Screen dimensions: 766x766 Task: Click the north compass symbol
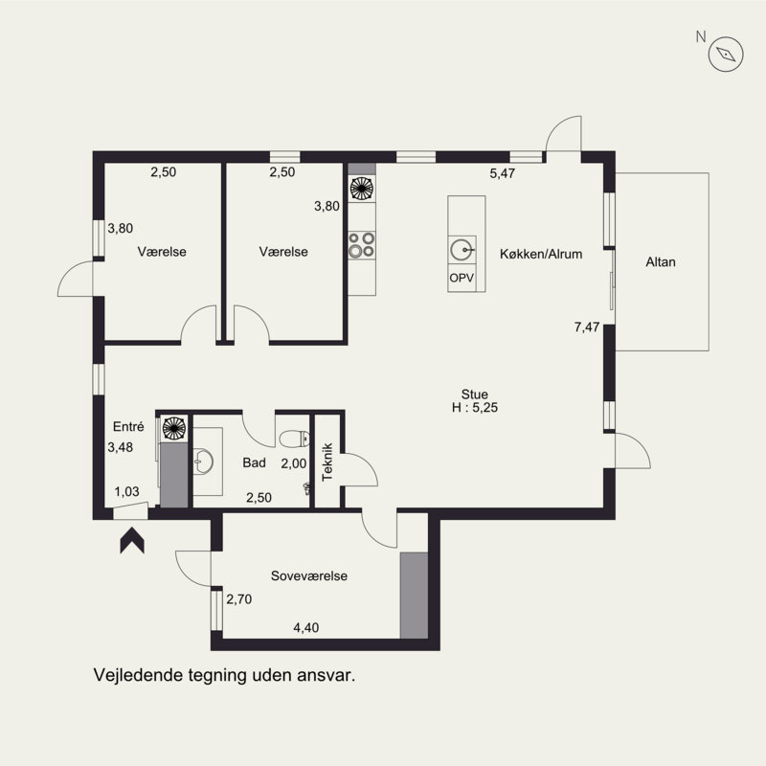pyautogui.click(x=725, y=55)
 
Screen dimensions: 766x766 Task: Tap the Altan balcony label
pyautogui.click(x=661, y=260)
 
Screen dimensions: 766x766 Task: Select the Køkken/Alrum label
pyautogui.click(x=541, y=254)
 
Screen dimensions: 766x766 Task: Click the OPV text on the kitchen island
pyautogui.click(x=462, y=278)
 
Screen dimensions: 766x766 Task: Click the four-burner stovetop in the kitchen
pyautogui.click(x=361, y=244)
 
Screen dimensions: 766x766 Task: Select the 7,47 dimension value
pyautogui.click(x=586, y=327)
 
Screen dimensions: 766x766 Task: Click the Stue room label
pyautogui.click(x=475, y=393)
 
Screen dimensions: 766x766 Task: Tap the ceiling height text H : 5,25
pyautogui.click(x=477, y=407)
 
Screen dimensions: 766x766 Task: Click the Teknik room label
pyautogui.click(x=327, y=460)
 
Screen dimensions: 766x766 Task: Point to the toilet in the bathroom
pyautogui.click(x=292, y=439)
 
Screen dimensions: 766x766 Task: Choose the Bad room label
pyautogui.click(x=254, y=462)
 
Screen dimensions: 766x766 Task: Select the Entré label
pyautogui.click(x=128, y=427)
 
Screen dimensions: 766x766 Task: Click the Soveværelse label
pyautogui.click(x=308, y=576)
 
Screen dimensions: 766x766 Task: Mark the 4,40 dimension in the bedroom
pyautogui.click(x=305, y=628)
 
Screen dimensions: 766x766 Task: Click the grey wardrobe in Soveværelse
pyautogui.click(x=414, y=595)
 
